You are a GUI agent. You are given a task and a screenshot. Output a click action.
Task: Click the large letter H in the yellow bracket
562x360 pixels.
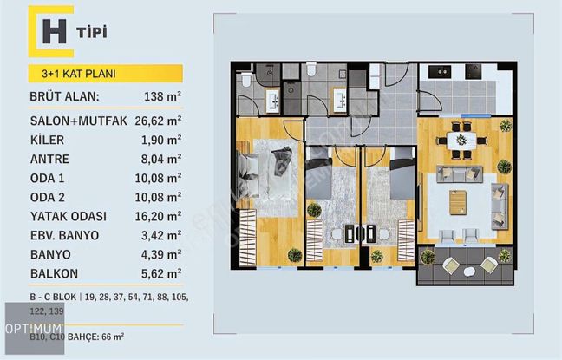click(54, 31)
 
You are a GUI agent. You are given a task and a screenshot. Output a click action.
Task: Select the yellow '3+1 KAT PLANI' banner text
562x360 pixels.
click(79, 74)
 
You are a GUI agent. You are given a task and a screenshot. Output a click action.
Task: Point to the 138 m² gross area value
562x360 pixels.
click(162, 96)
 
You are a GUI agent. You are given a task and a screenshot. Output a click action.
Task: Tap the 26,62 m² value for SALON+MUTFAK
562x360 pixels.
click(158, 121)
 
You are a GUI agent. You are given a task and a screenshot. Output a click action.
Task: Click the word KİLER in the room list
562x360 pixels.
click(48, 140)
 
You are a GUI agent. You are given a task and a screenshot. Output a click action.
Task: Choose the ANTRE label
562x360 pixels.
click(49, 159)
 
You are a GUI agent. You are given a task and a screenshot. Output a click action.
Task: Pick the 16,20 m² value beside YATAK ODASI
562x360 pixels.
click(158, 216)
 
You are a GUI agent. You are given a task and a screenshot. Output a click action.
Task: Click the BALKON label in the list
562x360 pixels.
click(54, 273)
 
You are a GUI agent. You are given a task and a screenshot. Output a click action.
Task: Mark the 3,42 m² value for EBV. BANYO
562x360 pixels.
click(161, 235)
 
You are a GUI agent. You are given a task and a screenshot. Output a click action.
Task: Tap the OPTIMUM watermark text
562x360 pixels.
click(34, 329)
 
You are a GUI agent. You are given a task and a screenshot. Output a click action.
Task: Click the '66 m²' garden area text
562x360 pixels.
click(113, 337)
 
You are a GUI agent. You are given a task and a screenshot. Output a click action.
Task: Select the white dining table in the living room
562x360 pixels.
click(461, 141)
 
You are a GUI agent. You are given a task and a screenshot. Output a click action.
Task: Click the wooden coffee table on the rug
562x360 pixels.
click(458, 203)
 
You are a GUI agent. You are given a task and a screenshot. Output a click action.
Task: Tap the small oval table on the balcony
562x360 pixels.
click(469, 272)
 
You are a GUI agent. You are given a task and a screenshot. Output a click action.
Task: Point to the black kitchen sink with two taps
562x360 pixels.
click(440, 72)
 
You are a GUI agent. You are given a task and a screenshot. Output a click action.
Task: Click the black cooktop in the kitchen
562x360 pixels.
click(474, 72)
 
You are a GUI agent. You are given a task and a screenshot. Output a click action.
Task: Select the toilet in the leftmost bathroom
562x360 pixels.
click(246, 80)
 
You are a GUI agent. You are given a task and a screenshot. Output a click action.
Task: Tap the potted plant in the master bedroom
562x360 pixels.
click(295, 255)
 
